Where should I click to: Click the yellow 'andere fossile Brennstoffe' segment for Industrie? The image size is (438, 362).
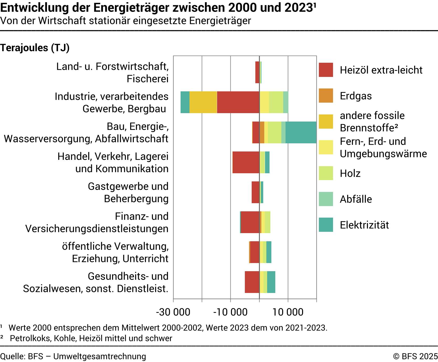click(x=203, y=102)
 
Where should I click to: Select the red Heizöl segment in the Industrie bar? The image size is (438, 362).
click(x=238, y=102)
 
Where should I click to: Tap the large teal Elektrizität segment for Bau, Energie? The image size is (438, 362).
click(x=301, y=132)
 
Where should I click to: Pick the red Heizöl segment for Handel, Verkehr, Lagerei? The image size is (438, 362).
click(x=246, y=162)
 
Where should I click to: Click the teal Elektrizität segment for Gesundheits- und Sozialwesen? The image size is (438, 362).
click(x=271, y=282)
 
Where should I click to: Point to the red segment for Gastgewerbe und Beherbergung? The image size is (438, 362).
click(x=255, y=192)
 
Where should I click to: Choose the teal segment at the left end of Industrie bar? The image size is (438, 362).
click(x=185, y=102)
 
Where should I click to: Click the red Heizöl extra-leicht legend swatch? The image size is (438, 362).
click(x=326, y=70)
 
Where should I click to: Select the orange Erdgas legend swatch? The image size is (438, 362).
click(x=326, y=96)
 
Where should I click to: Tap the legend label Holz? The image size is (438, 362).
click(x=350, y=173)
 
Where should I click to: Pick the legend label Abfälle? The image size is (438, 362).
click(x=356, y=199)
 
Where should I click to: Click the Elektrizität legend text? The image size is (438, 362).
click(x=364, y=225)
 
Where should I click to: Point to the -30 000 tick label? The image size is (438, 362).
click(x=173, y=312)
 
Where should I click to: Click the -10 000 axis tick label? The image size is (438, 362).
click(x=230, y=312)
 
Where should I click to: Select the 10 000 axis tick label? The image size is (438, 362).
click(x=288, y=312)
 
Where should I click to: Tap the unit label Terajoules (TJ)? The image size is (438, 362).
click(x=35, y=48)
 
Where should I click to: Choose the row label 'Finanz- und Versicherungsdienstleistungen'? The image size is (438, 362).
click(x=97, y=222)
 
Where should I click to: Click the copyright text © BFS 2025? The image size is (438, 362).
click(x=415, y=356)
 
